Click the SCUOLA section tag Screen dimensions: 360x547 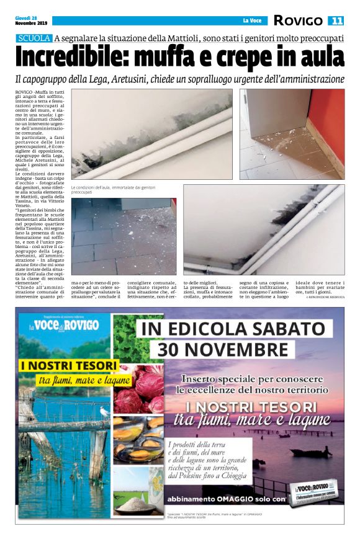(x=35, y=38)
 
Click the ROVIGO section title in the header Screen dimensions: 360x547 (x=299, y=21)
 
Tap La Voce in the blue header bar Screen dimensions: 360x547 (x=251, y=21)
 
